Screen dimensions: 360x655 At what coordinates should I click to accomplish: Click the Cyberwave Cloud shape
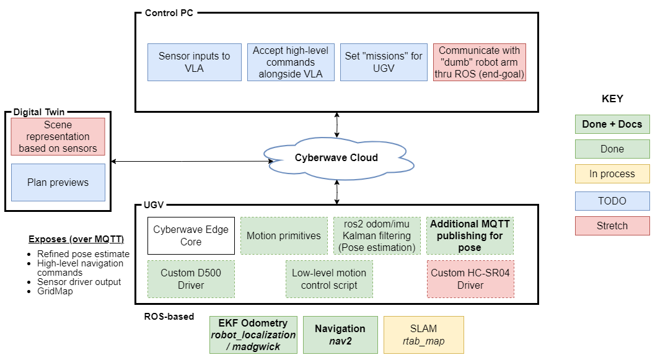[336, 157]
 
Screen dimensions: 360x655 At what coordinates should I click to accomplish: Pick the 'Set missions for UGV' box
[384, 62]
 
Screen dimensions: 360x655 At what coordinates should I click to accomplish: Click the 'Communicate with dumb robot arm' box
[480, 62]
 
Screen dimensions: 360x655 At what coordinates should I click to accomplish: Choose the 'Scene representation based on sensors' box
[58, 136]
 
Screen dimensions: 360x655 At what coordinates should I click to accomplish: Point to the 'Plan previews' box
[58, 182]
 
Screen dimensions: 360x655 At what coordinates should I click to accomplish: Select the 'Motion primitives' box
[284, 235]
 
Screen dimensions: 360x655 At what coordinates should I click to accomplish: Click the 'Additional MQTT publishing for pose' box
[470, 235]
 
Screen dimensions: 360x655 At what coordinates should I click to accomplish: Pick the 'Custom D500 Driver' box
[191, 279]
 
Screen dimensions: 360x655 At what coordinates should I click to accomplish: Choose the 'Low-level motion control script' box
[329, 279]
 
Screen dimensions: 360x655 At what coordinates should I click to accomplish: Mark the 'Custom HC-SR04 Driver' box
[470, 279]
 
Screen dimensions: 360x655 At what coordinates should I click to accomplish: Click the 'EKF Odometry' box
[253, 335]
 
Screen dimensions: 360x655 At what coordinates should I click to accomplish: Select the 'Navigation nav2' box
[340, 335]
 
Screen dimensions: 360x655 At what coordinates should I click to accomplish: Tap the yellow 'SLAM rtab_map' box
[423, 335]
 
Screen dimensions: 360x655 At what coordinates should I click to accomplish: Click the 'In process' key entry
[612, 174]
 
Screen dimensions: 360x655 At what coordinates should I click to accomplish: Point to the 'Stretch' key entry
[612, 226]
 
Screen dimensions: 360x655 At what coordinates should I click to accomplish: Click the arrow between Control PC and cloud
[336, 125]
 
